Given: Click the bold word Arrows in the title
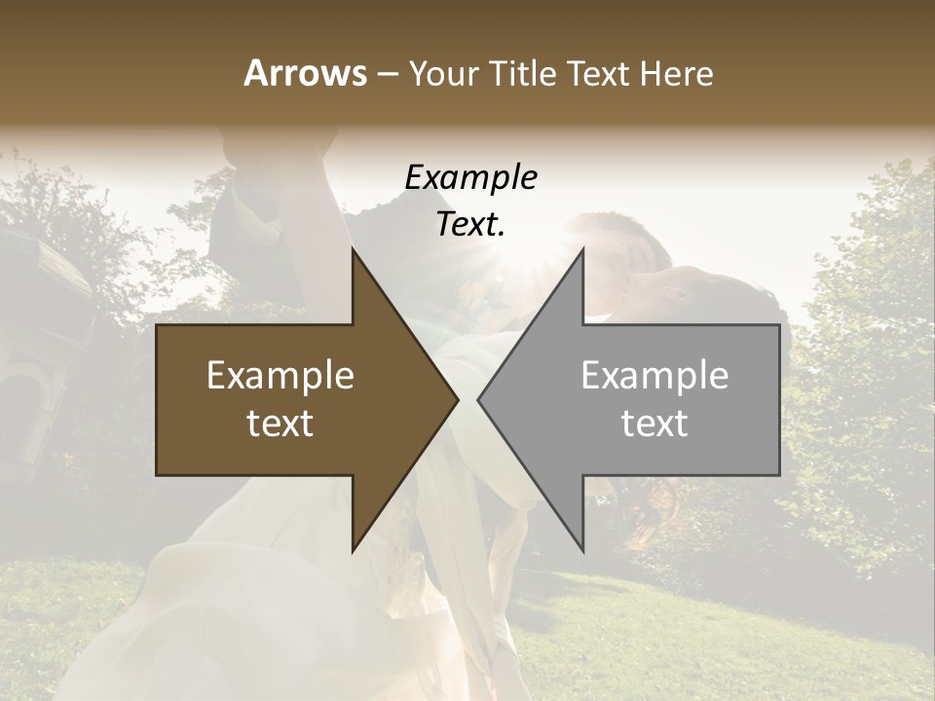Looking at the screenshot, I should coord(305,73).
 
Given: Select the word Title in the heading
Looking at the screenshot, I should coord(525,74).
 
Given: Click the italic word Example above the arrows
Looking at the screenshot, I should coord(470,178).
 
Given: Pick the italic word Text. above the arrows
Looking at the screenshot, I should coord(470,225).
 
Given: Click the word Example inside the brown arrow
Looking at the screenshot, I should coord(280,376).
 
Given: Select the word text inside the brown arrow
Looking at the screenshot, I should coord(280,424).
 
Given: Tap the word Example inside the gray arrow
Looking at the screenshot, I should coord(654,376).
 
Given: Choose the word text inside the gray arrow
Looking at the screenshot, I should coord(654,424).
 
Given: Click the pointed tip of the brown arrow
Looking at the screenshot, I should coord(458,400).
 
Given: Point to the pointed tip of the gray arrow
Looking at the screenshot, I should coord(478,400).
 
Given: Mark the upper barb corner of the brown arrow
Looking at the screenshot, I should coord(353,249).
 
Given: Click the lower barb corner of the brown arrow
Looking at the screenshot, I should coord(353,551).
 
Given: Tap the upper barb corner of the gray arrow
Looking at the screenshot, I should coord(582,249).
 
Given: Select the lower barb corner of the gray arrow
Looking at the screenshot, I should coord(582,551).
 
